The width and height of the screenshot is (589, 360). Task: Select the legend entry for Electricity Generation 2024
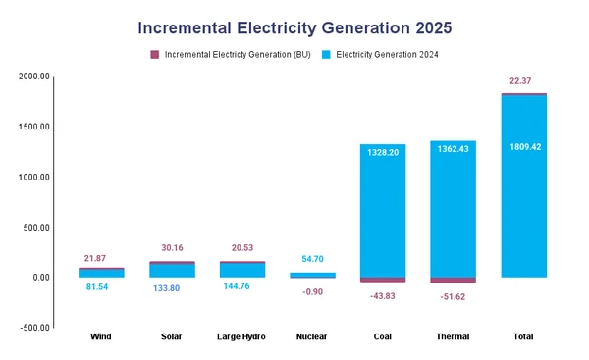pos(386,55)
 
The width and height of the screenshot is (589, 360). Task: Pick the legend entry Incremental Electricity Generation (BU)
pos(236,55)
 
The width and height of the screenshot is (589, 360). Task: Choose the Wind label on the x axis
pos(100,336)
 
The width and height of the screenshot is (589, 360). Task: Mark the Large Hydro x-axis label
pos(241,336)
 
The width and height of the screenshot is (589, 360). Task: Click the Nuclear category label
pos(312,336)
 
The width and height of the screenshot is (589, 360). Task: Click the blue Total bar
pos(523,216)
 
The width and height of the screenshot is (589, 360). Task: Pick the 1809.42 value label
pos(523,147)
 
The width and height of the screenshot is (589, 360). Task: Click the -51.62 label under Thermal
pos(453,296)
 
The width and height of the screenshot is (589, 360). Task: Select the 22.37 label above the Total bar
pos(523,80)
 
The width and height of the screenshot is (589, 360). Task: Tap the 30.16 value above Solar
pos(171,247)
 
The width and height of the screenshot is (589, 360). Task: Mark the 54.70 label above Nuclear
pos(312,258)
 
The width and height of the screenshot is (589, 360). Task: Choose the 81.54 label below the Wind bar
pos(100,287)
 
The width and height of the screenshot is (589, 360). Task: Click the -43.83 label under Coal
pos(382,294)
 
